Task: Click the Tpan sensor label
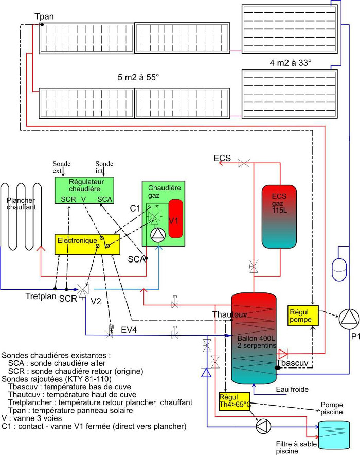[x=44, y=17]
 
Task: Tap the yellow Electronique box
[x=87, y=244]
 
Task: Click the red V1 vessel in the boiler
[x=175, y=218]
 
